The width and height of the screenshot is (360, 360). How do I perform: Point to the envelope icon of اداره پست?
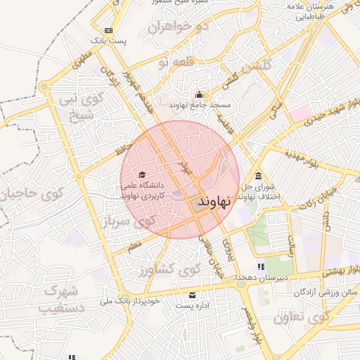point(192,295)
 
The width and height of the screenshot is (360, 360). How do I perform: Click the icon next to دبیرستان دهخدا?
point(261,266)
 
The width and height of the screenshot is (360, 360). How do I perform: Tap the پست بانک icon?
point(108,30)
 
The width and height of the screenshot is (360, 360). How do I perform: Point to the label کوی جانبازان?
point(28,193)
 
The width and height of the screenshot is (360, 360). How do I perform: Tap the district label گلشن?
point(258,68)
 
